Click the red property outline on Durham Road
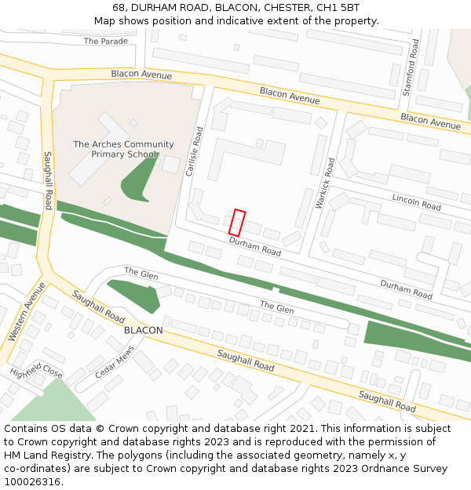point(237,223)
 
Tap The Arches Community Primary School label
point(123,149)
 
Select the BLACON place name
point(144,330)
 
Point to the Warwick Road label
point(325,183)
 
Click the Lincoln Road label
point(417,201)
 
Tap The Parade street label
point(105,41)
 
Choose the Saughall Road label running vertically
point(48,181)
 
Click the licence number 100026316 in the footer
point(33,481)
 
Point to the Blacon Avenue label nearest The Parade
point(141,74)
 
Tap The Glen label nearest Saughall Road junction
point(141,274)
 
